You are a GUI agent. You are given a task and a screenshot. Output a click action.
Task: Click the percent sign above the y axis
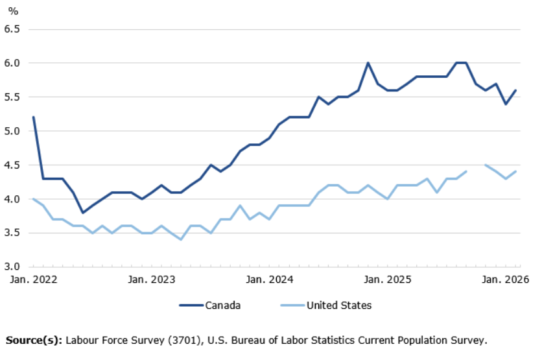[12, 12]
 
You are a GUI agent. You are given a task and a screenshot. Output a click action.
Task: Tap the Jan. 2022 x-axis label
[32, 280]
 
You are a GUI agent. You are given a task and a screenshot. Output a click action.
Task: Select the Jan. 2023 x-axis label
[150, 280]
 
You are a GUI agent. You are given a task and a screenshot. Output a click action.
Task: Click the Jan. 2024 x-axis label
[268, 280]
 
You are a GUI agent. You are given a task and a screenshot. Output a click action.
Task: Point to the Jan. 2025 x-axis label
[387, 280]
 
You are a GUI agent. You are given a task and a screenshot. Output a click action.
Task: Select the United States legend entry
[338, 306]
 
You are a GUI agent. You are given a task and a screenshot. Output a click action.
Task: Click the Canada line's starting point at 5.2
[33, 117]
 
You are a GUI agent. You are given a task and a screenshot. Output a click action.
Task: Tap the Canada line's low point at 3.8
[82, 212]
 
